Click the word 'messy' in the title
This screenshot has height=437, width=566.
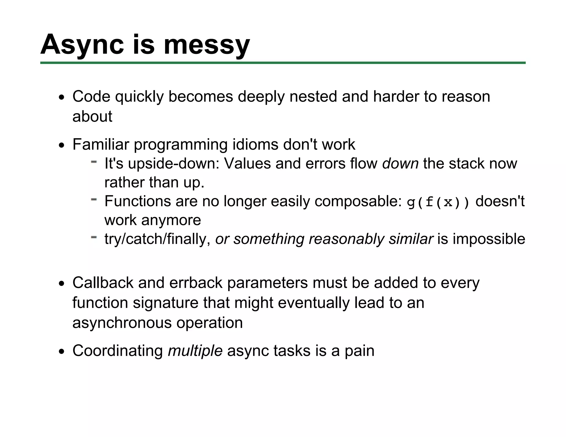click(206, 45)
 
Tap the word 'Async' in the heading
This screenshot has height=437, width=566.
click(82, 45)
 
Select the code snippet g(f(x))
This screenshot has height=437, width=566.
click(438, 202)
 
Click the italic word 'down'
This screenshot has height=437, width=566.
click(400, 164)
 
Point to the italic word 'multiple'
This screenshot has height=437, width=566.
click(195, 351)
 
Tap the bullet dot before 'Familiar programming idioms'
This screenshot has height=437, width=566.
click(61, 146)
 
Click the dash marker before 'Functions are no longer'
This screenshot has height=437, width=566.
click(94, 199)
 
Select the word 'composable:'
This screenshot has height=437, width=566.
click(358, 201)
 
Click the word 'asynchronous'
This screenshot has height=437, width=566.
click(122, 323)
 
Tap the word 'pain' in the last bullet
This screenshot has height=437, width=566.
click(359, 351)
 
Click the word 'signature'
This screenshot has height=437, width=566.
click(166, 303)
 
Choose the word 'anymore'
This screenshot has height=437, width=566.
click(171, 220)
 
